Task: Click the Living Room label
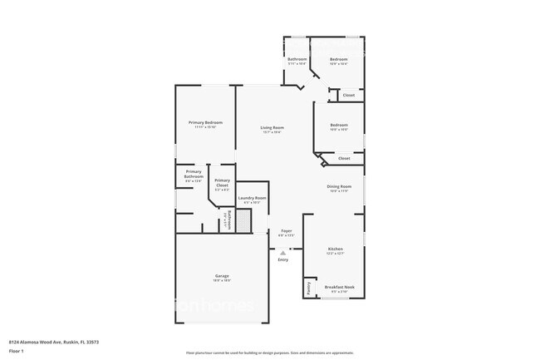(272, 127)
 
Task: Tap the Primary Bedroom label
(205, 122)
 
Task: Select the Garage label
(222, 275)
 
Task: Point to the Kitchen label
(336, 249)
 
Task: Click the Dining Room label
(339, 186)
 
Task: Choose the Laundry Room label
(252, 198)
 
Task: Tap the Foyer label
(286, 230)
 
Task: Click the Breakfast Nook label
(339, 287)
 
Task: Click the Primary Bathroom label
(194, 174)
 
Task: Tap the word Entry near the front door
(283, 259)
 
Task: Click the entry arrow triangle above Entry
(283, 252)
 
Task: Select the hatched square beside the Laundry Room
(243, 220)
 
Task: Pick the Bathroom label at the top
(297, 59)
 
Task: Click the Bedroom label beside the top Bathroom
(338, 59)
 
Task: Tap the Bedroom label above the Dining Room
(338, 125)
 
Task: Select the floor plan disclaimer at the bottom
(269, 353)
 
